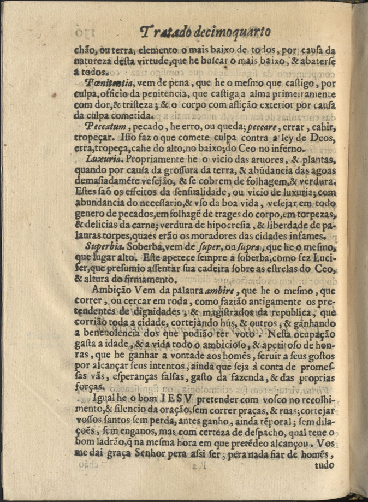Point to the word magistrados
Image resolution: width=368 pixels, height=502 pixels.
[x=229, y=313]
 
